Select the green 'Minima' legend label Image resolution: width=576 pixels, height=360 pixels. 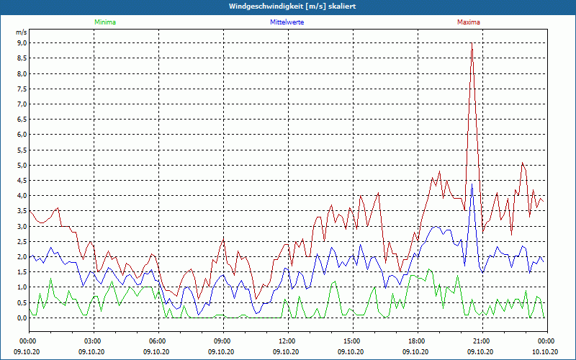tap(104, 22)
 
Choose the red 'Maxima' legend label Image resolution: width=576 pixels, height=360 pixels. tap(469, 22)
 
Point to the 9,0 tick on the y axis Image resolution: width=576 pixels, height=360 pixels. tap(22, 43)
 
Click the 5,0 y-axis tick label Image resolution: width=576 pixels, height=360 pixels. tap(22, 166)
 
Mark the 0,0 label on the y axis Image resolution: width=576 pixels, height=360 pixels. tap(22, 318)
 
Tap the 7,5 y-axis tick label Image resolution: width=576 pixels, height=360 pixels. tap(22, 89)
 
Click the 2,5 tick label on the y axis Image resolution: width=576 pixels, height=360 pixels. tap(22, 242)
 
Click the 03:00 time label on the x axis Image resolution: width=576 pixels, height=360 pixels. tap(94, 341)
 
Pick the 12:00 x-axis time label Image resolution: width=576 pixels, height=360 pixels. tap(287, 341)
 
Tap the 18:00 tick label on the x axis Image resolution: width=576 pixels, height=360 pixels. tap(417, 341)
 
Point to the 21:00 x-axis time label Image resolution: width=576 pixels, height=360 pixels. tap(482, 341)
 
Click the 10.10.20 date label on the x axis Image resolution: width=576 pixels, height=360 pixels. tap(545, 351)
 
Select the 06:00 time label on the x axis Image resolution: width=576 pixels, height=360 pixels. tap(158, 341)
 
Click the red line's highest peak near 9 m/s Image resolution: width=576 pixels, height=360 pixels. tap(472, 44)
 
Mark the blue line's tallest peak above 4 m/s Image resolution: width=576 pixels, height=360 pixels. tap(472, 185)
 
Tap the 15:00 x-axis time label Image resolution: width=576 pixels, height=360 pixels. tap(352, 341)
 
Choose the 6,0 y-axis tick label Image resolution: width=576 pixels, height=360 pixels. tap(22, 135)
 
